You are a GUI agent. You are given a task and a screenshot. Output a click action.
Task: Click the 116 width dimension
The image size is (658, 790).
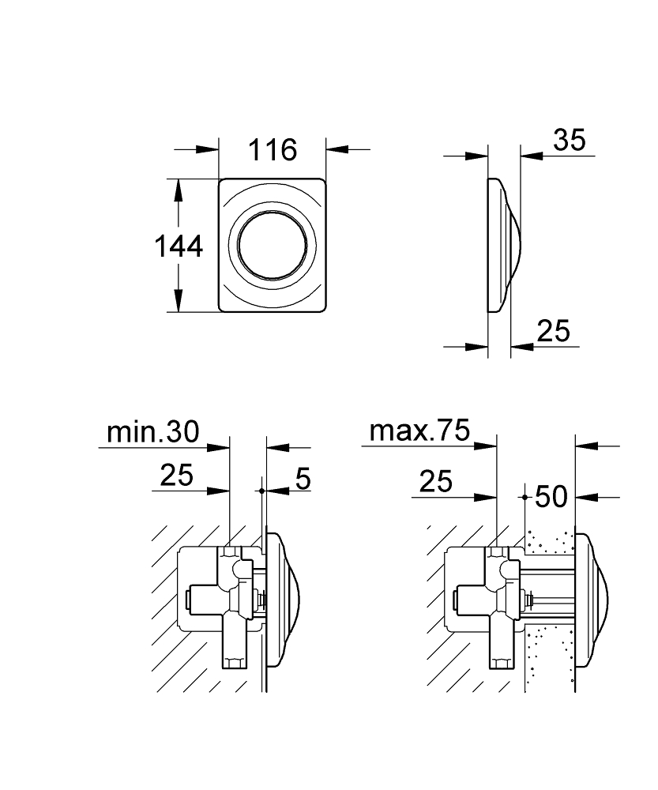tap(273, 149)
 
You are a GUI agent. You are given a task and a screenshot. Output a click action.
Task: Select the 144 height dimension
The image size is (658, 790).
tap(179, 246)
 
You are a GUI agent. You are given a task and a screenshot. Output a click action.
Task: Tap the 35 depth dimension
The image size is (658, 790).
tap(570, 140)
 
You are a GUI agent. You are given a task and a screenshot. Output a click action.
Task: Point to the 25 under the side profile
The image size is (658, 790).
tap(553, 331)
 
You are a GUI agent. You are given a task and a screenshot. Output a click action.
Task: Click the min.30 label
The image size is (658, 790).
tap(153, 432)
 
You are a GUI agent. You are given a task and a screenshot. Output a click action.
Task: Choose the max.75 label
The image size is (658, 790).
tap(419, 431)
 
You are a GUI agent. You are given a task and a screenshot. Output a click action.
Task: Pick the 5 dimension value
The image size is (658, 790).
tap(303, 478)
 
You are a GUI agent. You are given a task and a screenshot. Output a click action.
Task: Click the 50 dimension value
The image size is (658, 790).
tap(551, 496)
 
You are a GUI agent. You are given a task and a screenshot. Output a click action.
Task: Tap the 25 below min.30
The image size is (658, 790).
tap(176, 475)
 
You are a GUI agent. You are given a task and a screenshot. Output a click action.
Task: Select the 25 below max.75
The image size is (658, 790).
tap(436, 481)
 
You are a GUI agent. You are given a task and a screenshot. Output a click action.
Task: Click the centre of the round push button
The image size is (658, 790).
tap(273, 246)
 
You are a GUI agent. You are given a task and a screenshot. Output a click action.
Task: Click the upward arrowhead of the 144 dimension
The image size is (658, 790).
tap(178, 190)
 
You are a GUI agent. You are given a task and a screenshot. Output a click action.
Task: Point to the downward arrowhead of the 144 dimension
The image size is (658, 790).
tap(178, 301)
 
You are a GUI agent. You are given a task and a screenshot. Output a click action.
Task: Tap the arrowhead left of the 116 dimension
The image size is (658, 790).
tap(208, 149)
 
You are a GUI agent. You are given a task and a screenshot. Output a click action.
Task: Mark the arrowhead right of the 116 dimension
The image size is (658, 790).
tap(337, 149)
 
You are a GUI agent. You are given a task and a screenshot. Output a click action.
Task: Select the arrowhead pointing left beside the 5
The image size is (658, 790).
tap(277, 491)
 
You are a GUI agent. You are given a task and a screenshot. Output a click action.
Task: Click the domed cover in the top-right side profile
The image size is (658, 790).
tap(504, 246)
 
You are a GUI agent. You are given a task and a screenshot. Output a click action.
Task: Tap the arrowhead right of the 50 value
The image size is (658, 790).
tap(586, 497)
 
